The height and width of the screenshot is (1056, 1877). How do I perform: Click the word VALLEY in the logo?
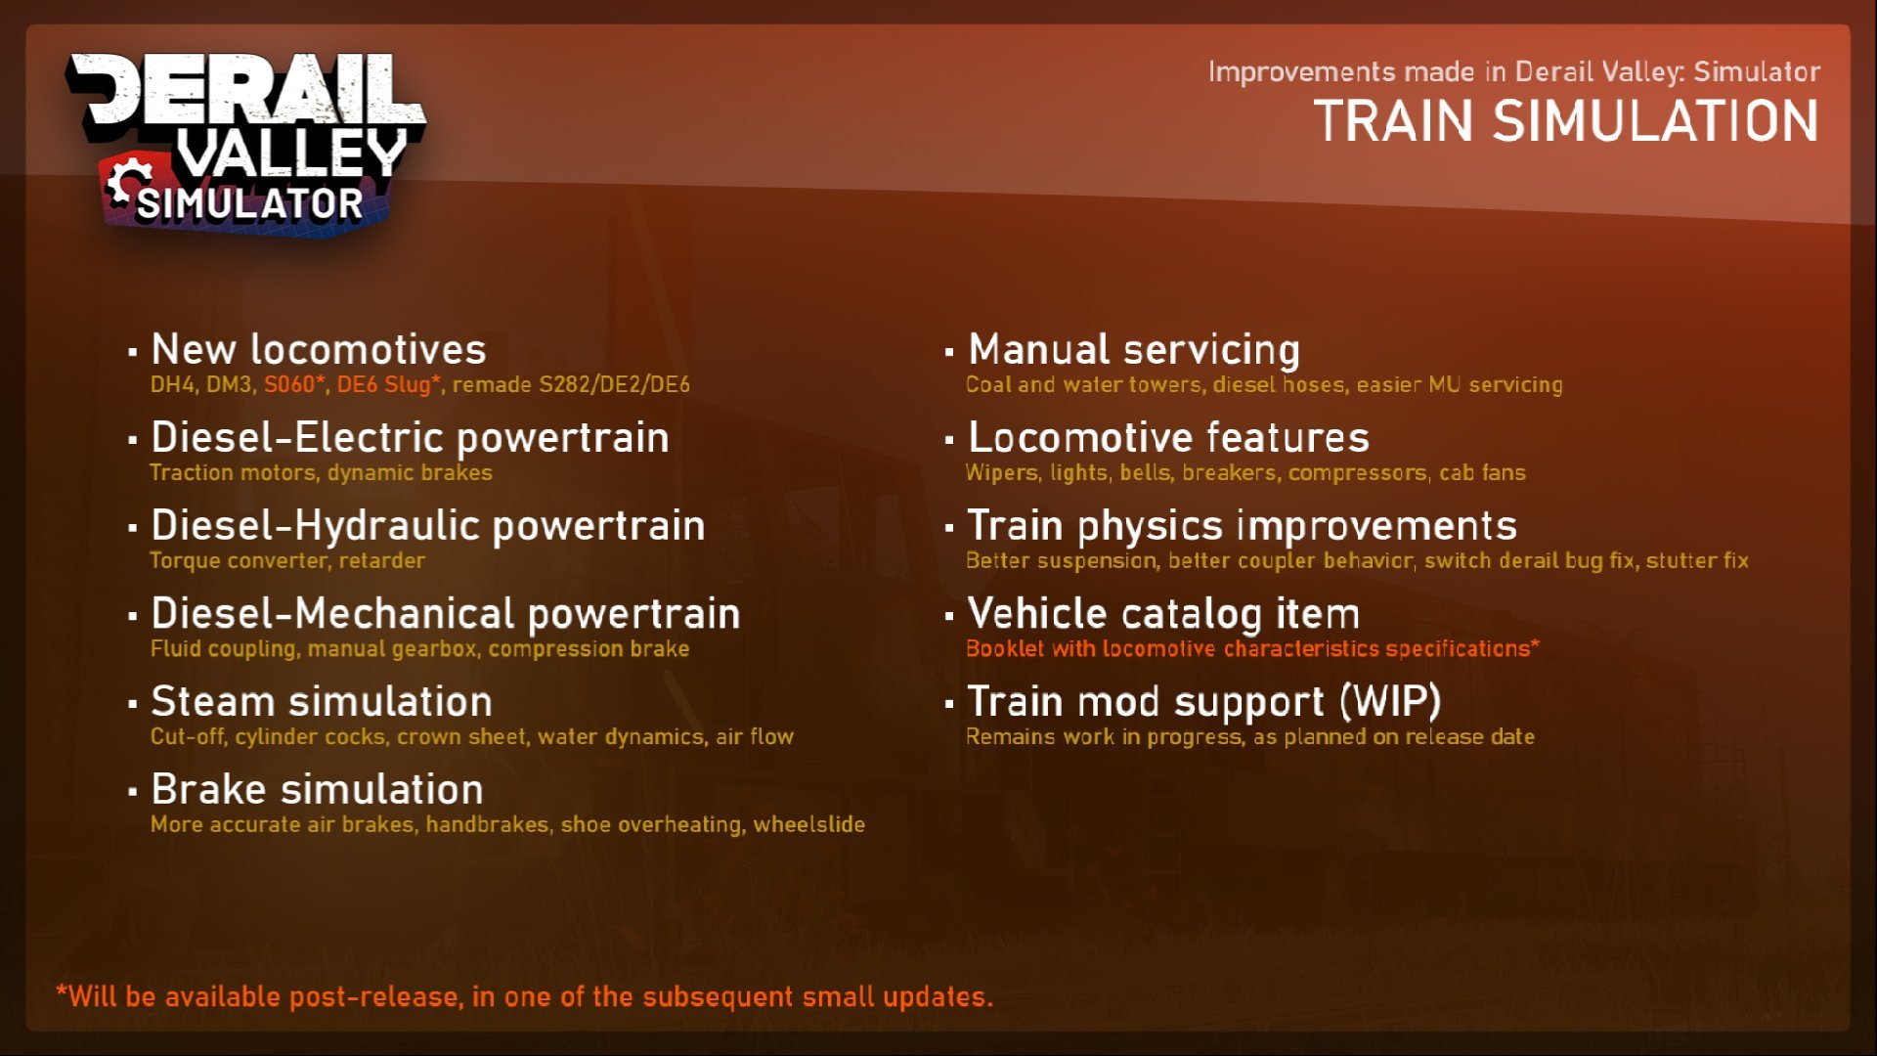(x=291, y=154)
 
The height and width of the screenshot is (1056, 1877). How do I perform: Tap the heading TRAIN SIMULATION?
(x=1566, y=122)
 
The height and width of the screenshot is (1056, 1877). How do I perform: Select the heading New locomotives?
(x=319, y=349)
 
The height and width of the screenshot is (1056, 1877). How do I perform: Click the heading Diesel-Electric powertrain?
(x=411, y=437)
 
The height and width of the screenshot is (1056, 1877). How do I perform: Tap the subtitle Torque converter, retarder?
(x=287, y=560)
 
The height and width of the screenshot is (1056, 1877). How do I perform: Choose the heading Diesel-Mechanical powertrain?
(x=446, y=613)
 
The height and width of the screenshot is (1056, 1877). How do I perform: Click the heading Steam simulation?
(x=322, y=701)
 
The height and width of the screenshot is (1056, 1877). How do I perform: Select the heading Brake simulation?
(x=318, y=789)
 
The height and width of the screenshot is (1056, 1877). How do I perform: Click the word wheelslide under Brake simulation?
(x=809, y=824)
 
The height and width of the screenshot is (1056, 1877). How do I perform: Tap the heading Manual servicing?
(x=1134, y=349)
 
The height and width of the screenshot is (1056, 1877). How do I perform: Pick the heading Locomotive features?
(x=1168, y=437)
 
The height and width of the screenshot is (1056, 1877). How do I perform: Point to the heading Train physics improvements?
(x=1243, y=525)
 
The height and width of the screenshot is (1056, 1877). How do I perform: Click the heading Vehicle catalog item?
(x=1163, y=613)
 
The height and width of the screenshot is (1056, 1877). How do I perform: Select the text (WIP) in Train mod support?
(x=1390, y=701)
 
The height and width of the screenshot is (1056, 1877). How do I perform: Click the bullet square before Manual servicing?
(x=949, y=351)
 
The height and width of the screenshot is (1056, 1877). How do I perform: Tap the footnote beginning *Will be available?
(x=525, y=996)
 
